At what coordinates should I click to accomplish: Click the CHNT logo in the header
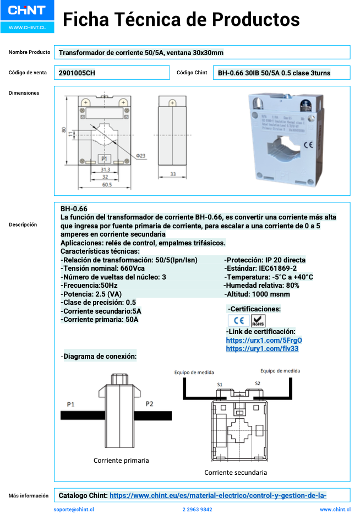pos(26,10)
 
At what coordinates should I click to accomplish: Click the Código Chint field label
pos(192,73)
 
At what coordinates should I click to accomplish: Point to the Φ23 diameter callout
pos(140,156)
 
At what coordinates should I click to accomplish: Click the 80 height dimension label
pos(64,130)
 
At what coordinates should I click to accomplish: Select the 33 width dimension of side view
pos(172,174)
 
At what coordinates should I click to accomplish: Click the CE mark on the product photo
pos(309,145)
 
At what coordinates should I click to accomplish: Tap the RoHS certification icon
pos(258,321)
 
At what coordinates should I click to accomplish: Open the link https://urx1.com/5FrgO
pos(264,340)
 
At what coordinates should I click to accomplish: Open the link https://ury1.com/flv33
pos(262,348)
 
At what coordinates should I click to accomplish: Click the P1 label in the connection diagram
pos(70,404)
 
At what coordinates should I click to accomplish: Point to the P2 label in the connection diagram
pos(149,404)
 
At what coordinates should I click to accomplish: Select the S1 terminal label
pos(220,384)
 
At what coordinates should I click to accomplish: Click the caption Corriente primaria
pos(121,460)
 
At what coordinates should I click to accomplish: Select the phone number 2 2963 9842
pos(197,509)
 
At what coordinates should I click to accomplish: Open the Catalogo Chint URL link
pos(218,495)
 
